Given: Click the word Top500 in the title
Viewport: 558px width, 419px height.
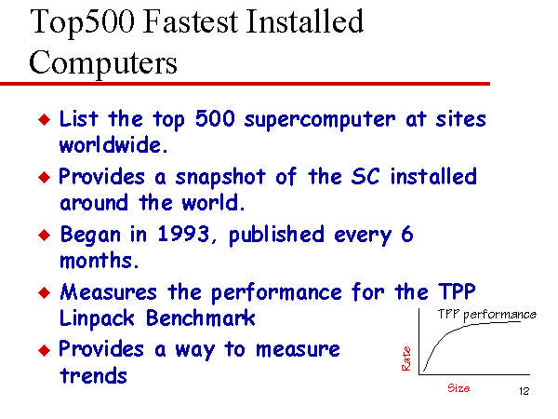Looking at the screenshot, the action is pos(83,23).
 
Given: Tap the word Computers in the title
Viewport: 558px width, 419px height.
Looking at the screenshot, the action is pos(103,63).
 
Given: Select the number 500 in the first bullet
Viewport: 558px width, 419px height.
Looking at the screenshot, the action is pos(216,118).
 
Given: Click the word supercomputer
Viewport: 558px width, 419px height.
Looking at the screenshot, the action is pos(320,120).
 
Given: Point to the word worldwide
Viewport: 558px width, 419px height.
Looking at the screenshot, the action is pos(113,144).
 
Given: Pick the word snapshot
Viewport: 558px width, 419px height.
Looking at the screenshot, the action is pos(220,177).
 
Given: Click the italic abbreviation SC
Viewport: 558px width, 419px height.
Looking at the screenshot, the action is pos(365,176).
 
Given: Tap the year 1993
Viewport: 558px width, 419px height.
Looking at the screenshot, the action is pos(184,234).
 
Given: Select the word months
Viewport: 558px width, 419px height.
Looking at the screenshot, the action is pos(99,260).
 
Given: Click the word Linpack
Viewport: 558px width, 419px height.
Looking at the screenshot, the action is pos(97,318).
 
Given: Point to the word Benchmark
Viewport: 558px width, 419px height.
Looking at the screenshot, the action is pos(201,318).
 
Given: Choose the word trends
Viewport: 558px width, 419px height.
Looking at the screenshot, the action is pos(93,375).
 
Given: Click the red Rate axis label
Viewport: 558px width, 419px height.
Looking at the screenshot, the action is pos(406,358).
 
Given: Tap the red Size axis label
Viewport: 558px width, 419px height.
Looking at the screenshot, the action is pos(458,388).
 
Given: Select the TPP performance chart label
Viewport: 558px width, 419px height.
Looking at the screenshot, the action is pos(487,315).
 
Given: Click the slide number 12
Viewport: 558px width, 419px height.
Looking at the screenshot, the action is pos(525,391).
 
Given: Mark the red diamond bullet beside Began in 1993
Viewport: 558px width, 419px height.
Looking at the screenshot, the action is pos(44,236).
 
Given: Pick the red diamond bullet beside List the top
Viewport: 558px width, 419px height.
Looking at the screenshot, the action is pos(44,119).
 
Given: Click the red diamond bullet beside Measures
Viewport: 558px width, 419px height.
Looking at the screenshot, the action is pos(44,292).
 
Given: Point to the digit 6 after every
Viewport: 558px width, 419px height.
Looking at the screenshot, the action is pos(407,234).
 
